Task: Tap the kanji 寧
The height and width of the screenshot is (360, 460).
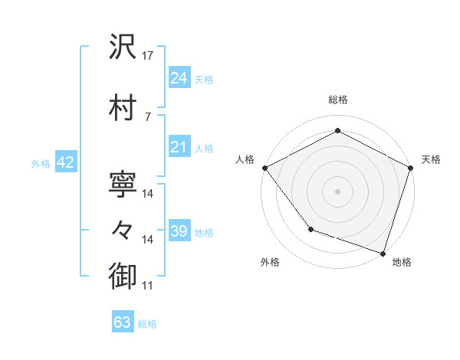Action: click(123, 183)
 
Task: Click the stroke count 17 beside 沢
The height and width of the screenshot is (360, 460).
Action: click(148, 56)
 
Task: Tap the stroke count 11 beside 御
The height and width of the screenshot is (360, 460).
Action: click(148, 286)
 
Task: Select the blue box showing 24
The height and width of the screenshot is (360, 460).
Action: click(179, 77)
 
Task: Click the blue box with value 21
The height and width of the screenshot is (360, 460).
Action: click(179, 147)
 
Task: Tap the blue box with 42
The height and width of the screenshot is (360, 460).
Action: click(64, 163)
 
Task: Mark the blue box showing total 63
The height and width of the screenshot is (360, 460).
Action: click(123, 322)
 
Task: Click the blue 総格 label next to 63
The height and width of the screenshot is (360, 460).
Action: click(148, 324)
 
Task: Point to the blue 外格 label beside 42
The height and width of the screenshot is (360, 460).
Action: click(41, 164)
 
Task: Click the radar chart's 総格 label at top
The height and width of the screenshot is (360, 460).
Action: click(337, 100)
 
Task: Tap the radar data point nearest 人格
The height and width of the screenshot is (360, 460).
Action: click(264, 167)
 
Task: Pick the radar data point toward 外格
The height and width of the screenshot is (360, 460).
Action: click(310, 228)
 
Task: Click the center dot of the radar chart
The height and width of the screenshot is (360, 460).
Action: click(337, 191)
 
